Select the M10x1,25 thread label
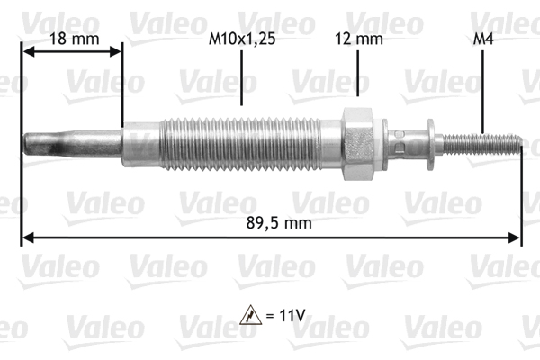[242, 39]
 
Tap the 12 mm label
[358, 39]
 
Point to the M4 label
[483, 39]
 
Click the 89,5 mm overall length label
[270, 226]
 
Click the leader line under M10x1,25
[242, 76]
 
